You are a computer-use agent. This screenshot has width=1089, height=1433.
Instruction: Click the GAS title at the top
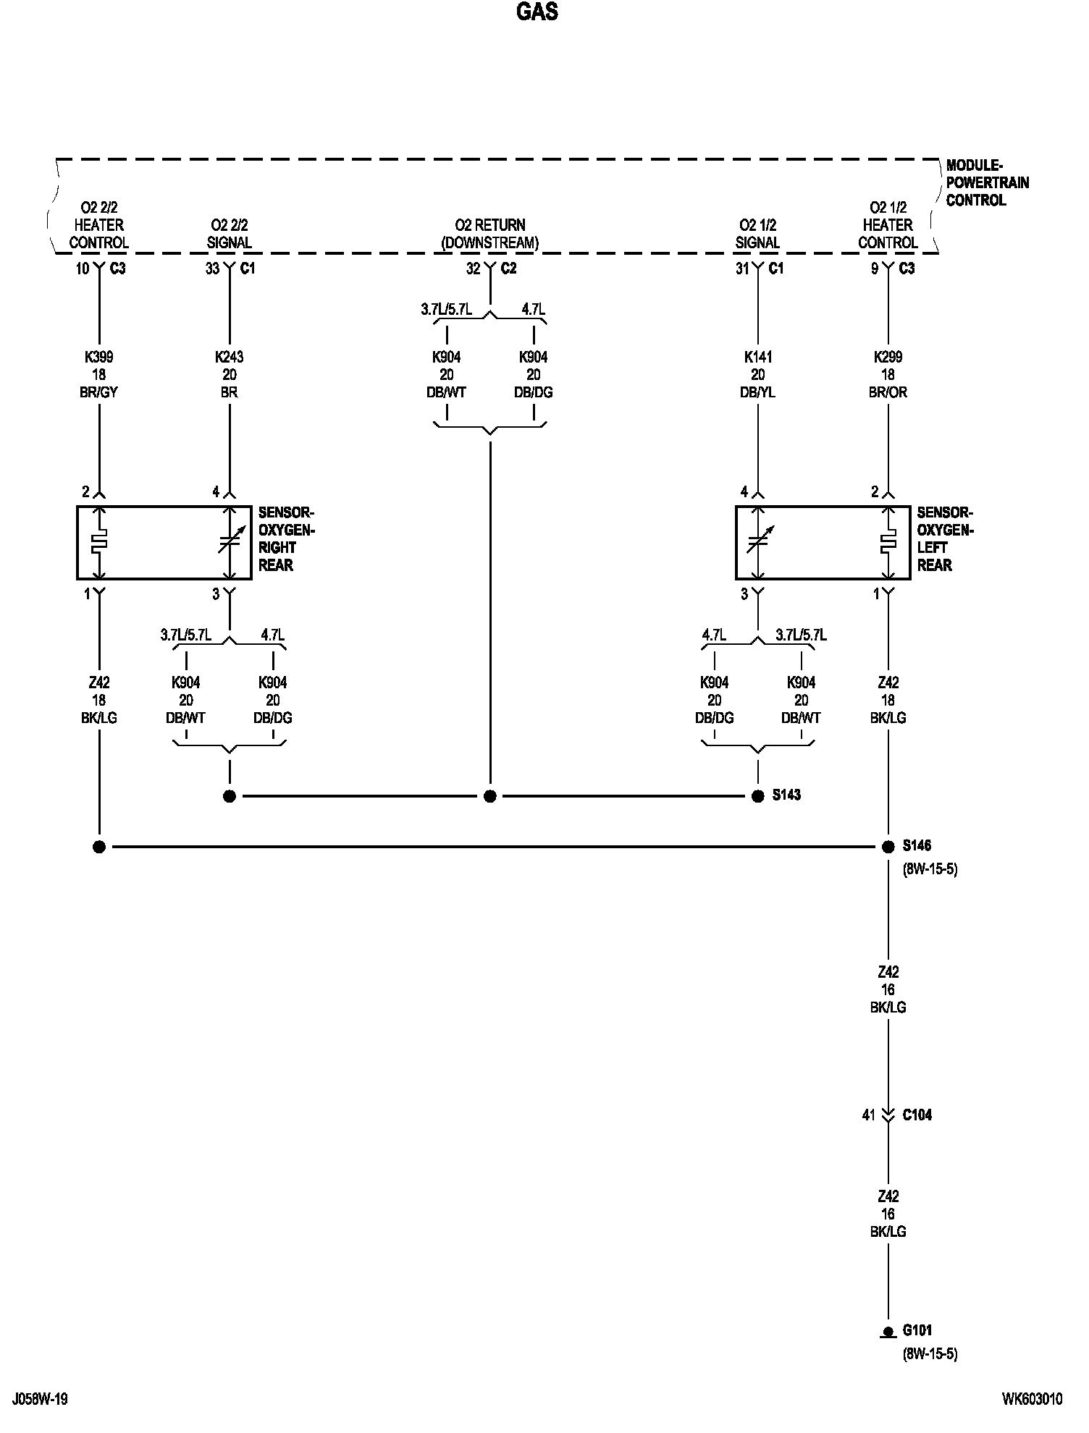click(x=537, y=12)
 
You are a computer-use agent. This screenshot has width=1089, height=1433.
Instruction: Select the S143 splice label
click(x=786, y=795)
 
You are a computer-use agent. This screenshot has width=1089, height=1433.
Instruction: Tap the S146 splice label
click(x=917, y=845)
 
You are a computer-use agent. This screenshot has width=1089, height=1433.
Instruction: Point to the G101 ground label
click(x=917, y=1330)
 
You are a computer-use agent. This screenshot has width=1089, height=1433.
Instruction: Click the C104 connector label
click(x=917, y=1115)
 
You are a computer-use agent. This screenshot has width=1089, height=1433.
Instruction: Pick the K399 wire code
click(x=98, y=358)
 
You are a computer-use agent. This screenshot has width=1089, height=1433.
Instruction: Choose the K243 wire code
click(x=230, y=358)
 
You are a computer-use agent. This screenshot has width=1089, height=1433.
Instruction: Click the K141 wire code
click(x=757, y=358)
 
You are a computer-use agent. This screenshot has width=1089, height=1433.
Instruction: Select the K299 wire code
click(x=888, y=358)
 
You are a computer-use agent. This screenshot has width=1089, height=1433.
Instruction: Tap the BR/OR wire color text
click(x=888, y=393)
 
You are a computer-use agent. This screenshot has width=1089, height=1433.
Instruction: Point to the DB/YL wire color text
click(x=757, y=393)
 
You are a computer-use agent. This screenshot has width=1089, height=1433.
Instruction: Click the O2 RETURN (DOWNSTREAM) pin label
click(x=490, y=234)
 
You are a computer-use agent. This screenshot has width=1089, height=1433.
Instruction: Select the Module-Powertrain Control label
click(x=987, y=183)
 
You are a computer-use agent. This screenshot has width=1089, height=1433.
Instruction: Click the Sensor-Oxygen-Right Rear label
click(x=286, y=539)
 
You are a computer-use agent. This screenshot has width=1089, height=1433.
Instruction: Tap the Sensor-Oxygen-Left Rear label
click(x=945, y=539)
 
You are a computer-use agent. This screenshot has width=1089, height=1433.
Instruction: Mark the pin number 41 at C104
click(x=869, y=1115)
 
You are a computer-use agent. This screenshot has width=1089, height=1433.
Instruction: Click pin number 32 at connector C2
click(x=473, y=269)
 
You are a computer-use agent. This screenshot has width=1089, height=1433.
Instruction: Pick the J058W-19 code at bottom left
click(x=40, y=1399)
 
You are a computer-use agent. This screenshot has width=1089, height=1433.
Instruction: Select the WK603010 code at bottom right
click(x=1033, y=1399)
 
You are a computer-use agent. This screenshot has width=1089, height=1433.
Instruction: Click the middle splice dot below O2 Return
click(x=490, y=797)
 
